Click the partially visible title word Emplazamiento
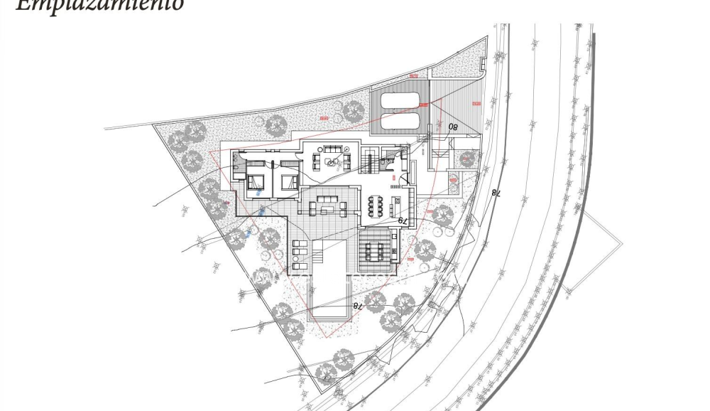coord(100,6)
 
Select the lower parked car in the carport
coord(400,121)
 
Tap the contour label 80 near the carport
coord(452,127)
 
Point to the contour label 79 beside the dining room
coord(401,221)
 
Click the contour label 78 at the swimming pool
coord(357,306)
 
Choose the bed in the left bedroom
coord(256,179)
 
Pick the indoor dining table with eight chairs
coord(377,204)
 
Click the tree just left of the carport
coord(353,110)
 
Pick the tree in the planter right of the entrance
coord(466,158)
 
